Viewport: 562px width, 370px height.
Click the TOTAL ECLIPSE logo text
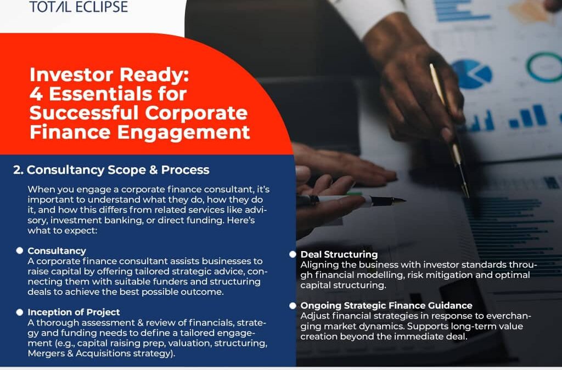[x=78, y=6]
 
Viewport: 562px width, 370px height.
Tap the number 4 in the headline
[x=36, y=94]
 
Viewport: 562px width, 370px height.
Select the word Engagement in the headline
[x=183, y=132]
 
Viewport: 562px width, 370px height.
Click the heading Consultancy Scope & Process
[x=111, y=169]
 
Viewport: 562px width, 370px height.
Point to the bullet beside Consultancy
[x=20, y=251]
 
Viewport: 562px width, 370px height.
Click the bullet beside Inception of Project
[x=20, y=312]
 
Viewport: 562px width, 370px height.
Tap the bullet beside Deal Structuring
[x=293, y=254]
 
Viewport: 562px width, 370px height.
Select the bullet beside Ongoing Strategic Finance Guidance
[x=293, y=305]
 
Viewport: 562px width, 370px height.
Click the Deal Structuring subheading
[x=339, y=254]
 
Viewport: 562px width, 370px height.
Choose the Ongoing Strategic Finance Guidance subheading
[x=386, y=305]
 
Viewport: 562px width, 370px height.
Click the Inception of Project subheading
[x=74, y=312]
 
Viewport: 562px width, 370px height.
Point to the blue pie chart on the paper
[x=471, y=74]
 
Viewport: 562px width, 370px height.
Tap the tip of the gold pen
[x=467, y=196]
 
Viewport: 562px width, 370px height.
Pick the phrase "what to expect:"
[x=63, y=230]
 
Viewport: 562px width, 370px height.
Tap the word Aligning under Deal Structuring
[x=318, y=265]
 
